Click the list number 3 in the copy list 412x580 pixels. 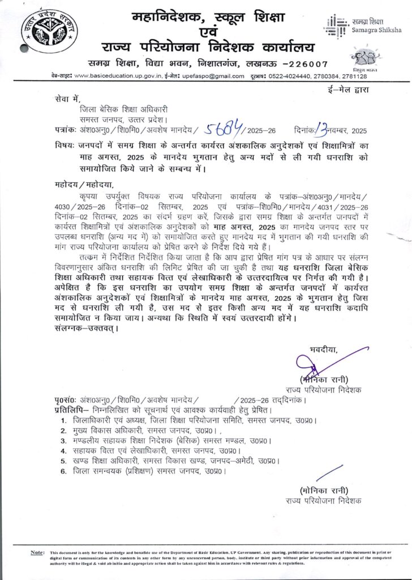(64, 440)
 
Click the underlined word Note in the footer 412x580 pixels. (37, 552)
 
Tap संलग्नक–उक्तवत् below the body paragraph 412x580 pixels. (84, 328)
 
